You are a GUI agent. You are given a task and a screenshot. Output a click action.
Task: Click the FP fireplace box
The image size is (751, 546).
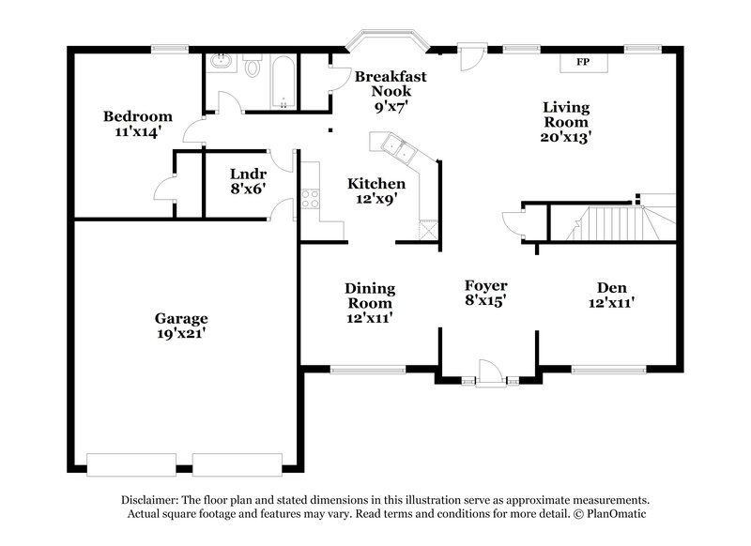[x=582, y=62]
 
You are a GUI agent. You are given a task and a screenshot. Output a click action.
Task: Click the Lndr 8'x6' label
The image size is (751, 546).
[x=248, y=181]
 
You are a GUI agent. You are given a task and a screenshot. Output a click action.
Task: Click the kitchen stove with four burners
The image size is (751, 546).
[x=308, y=199]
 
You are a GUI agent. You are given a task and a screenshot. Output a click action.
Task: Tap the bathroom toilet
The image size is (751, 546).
[x=253, y=67]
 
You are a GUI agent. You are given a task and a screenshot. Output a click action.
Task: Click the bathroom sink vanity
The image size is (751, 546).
[x=223, y=63]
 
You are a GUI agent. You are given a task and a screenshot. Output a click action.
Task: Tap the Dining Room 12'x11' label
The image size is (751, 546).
[x=369, y=303]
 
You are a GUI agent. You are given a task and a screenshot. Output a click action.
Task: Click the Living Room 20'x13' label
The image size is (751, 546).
[x=565, y=121]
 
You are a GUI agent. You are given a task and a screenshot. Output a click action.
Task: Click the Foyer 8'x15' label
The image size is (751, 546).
[x=486, y=293]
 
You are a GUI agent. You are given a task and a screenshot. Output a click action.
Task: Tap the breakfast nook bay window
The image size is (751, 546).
[x=387, y=41]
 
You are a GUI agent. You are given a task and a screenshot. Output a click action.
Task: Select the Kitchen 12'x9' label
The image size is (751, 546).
[x=376, y=190]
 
